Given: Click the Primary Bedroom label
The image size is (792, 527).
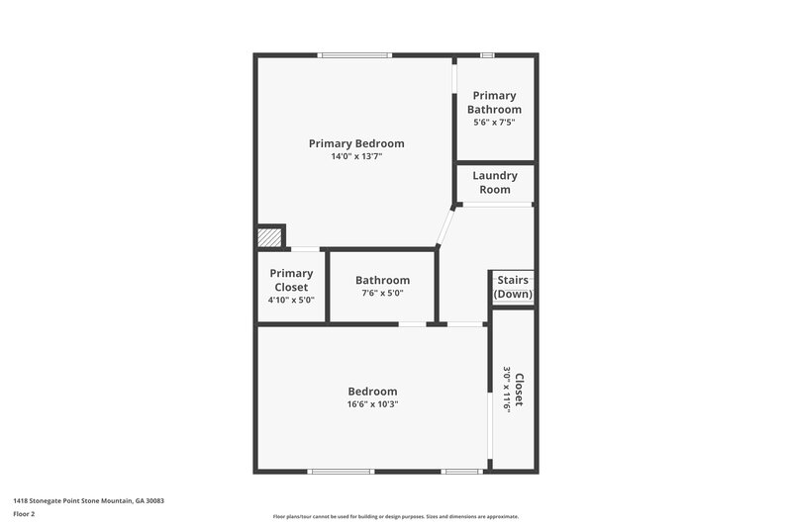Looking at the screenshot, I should pos(355,143).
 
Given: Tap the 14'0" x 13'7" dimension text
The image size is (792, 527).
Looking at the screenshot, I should pos(355,156).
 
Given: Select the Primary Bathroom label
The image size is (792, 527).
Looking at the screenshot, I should pos(495,103).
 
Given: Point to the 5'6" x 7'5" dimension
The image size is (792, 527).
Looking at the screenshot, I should pos(495,123).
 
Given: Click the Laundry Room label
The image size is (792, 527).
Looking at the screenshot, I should pos(495,183).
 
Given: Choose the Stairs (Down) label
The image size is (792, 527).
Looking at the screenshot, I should pos(513,287).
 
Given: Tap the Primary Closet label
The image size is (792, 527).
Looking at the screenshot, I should pos(291,280).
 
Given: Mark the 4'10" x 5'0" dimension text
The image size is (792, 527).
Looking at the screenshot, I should pos(291,300).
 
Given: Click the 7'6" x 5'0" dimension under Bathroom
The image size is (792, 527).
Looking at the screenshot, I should pos(382,293).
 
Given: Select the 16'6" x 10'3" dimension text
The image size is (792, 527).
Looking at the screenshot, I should pos(372,403).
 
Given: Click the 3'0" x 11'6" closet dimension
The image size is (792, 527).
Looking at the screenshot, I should pos(506,390).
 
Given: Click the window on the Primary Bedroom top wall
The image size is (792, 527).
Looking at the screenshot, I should pos(354,54).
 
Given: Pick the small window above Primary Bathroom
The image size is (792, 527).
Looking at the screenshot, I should pos(486,54).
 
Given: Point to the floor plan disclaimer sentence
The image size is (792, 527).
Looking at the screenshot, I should pos(395,516).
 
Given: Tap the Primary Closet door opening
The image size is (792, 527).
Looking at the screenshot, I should pos(305,248).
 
